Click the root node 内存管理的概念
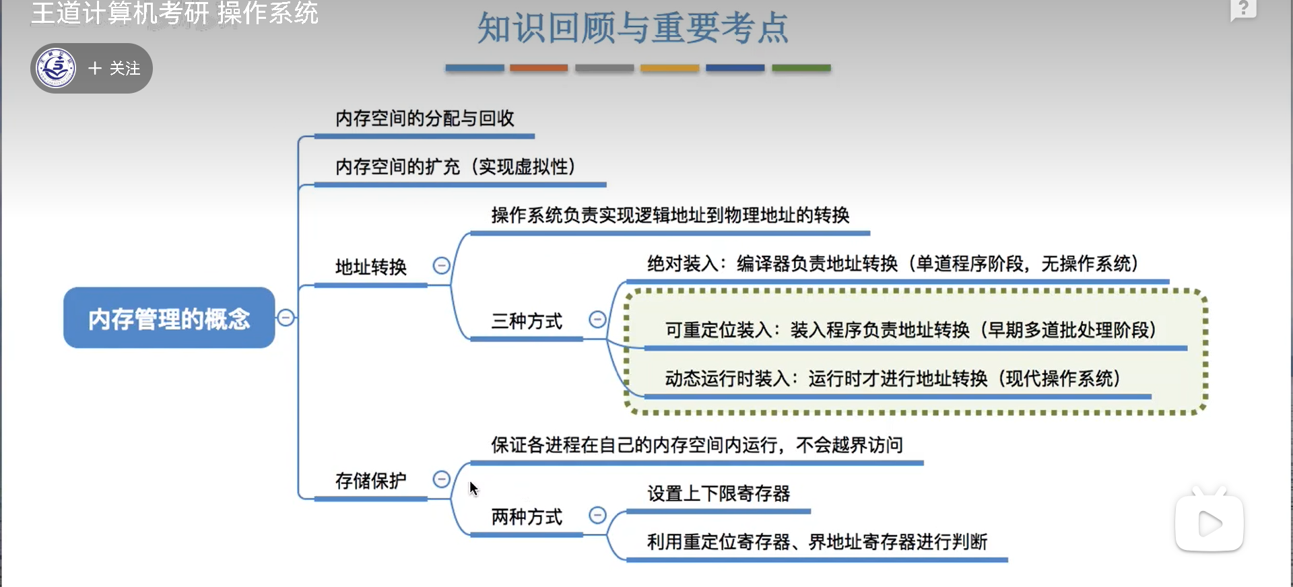pyautogui.click(x=169, y=318)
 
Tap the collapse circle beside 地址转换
pyautogui.click(x=441, y=266)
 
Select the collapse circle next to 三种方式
pyautogui.click(x=597, y=319)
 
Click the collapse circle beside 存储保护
pyautogui.click(x=441, y=479)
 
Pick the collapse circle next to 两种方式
pyautogui.click(x=597, y=516)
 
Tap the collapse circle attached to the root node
pyautogui.click(x=286, y=318)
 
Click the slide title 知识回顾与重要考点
pyautogui.click(x=633, y=28)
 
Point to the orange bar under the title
pyautogui.click(x=539, y=68)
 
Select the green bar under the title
pyautogui.click(x=801, y=68)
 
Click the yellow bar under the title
pyautogui.click(x=669, y=68)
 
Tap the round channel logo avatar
pyautogui.click(x=57, y=68)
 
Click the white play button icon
pyautogui.click(x=1209, y=524)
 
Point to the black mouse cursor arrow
pyautogui.click(x=473, y=488)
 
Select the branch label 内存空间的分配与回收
pyautogui.click(x=425, y=119)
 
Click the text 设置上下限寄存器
pyautogui.click(x=719, y=494)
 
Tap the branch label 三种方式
pyautogui.click(x=527, y=322)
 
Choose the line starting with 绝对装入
pyautogui.click(x=892, y=264)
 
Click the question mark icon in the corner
pyautogui.click(x=1243, y=9)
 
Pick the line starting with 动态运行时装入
pyautogui.click(x=892, y=379)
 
